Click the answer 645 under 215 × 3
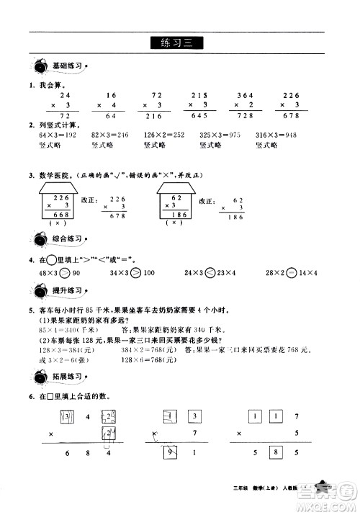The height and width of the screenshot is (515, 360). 198,117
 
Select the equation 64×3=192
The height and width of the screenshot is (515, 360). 53,134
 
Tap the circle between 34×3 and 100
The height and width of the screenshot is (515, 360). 144,274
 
